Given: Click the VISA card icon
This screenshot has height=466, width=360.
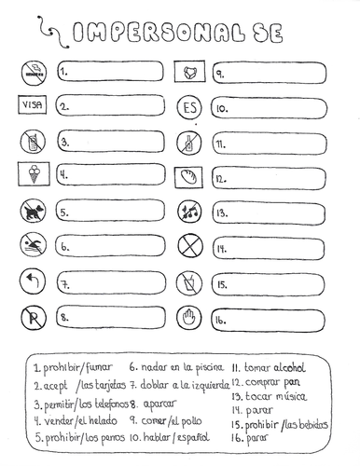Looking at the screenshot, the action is [32, 106].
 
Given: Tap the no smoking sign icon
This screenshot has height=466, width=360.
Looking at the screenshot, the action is [32, 71].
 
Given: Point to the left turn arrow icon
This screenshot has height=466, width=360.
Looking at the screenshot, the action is [32, 282].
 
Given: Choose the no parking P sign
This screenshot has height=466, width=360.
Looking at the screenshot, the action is [32, 318].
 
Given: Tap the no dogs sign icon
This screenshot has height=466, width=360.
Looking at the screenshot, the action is [32, 212].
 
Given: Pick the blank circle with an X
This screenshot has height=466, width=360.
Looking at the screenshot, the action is [188, 248].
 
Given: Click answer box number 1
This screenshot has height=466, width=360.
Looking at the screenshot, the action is [111, 72].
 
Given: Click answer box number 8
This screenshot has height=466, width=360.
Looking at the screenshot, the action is [111, 319].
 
